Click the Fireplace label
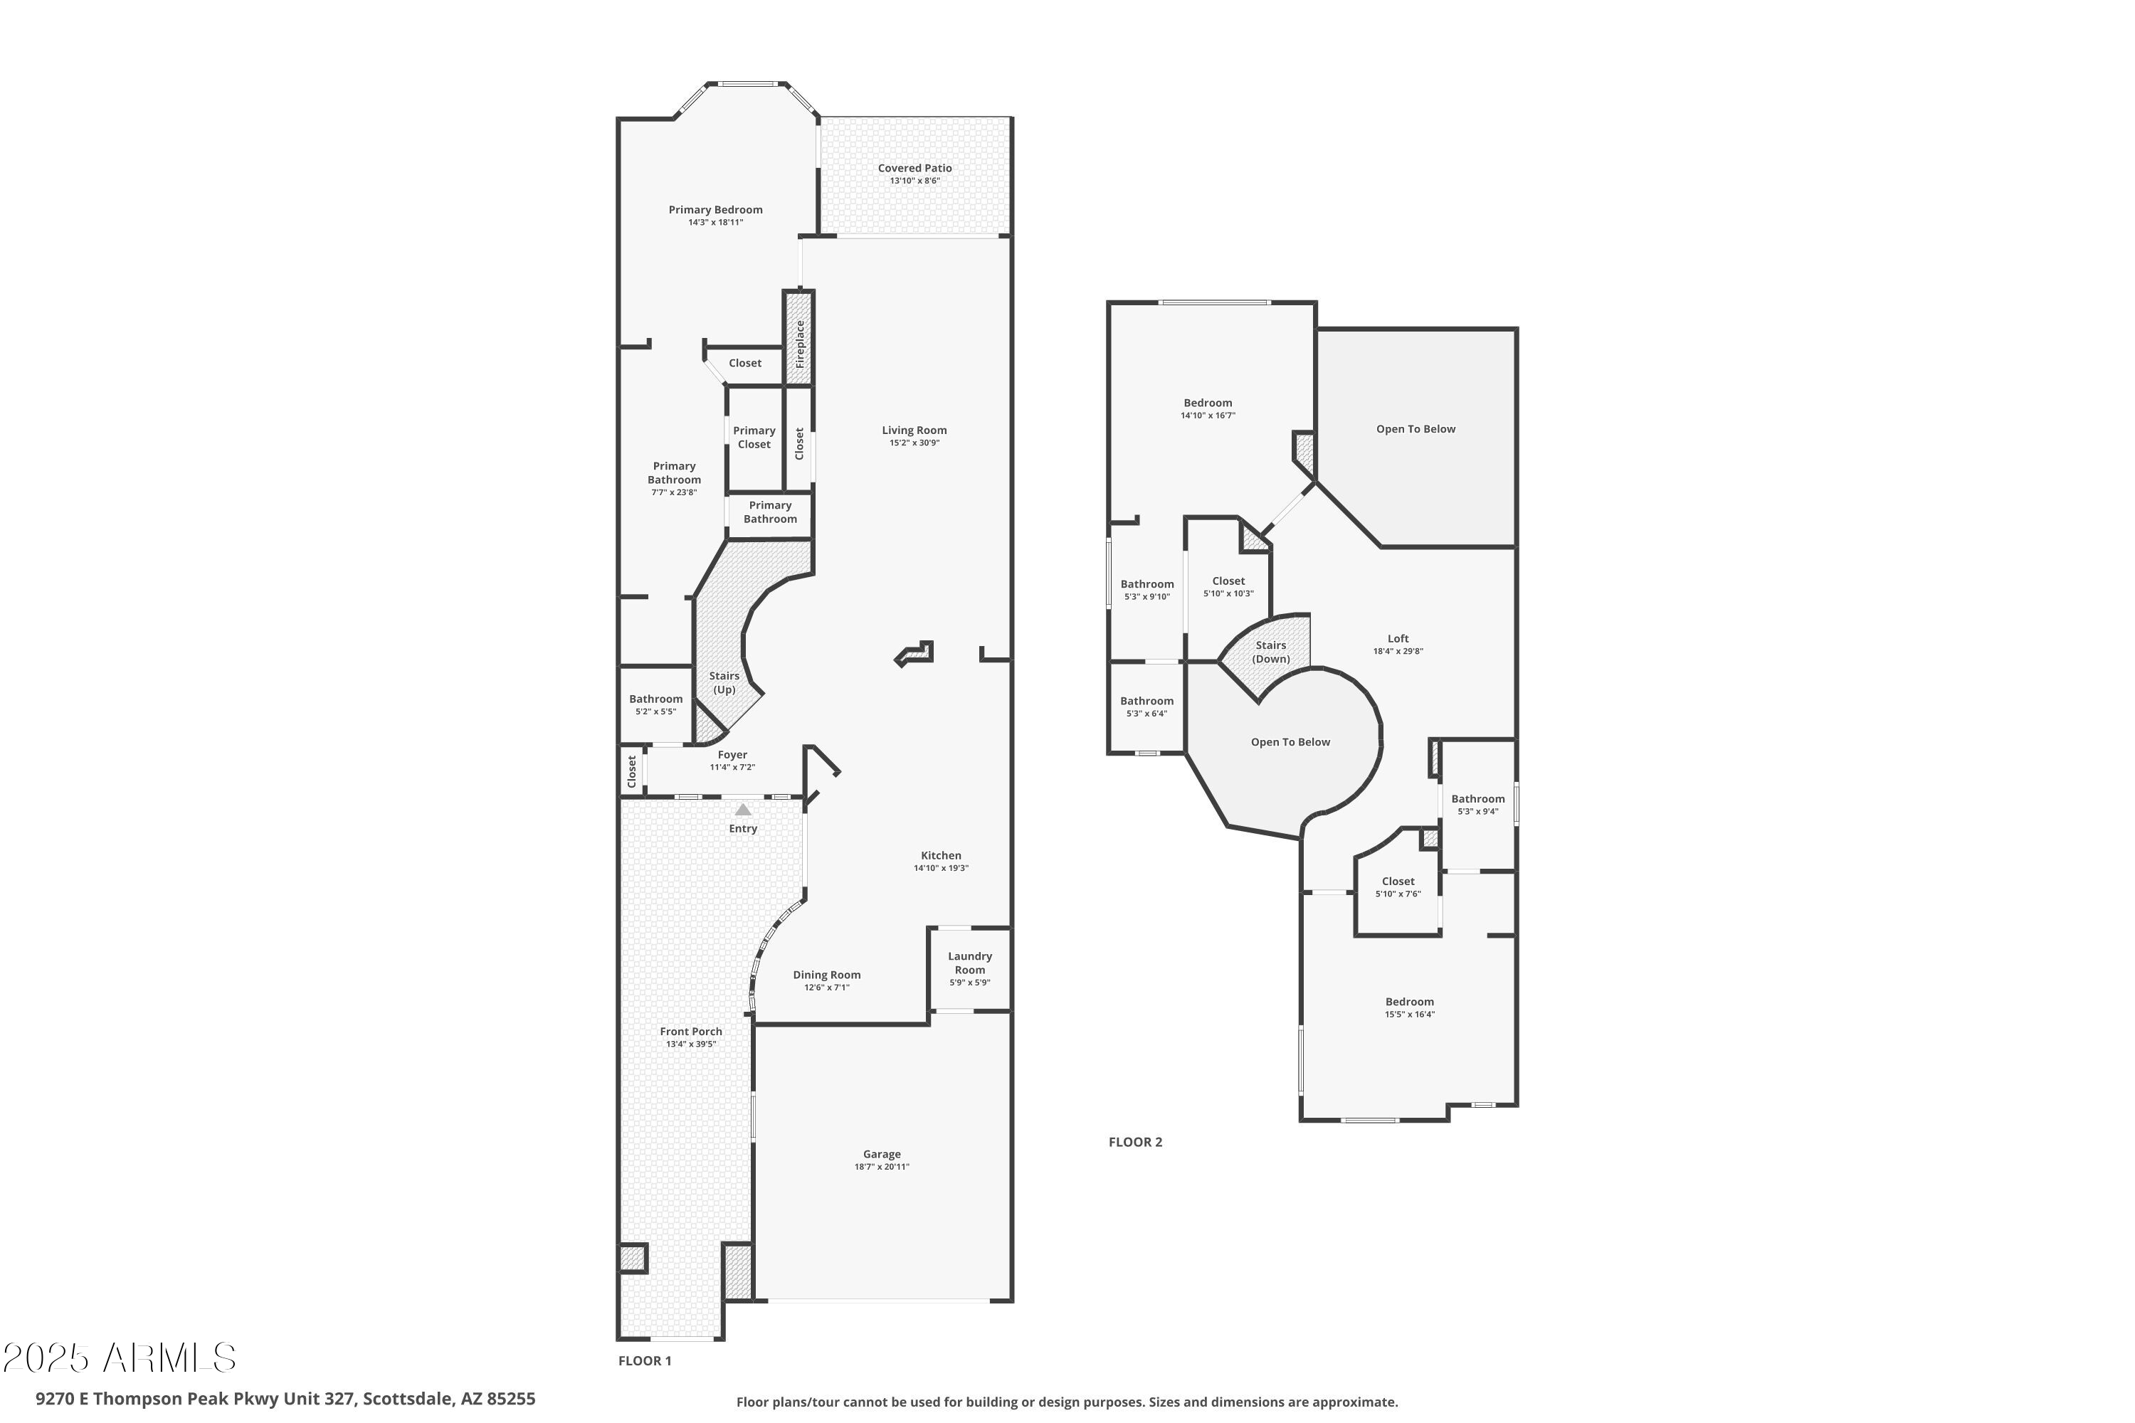point(800,343)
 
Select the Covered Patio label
point(914,168)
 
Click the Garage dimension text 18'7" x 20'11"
point(882,1167)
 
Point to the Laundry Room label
point(969,963)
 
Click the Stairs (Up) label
point(724,682)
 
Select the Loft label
point(1398,639)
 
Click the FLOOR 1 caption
point(645,1360)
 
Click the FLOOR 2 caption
point(1134,1142)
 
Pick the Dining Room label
point(826,975)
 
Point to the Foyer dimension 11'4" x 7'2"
point(732,768)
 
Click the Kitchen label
point(940,855)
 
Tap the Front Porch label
point(691,1031)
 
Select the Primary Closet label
point(754,438)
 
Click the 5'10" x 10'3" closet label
point(1228,587)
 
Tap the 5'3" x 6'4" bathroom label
point(1146,707)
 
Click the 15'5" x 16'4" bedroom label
point(1409,1008)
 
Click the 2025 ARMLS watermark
point(119,1358)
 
